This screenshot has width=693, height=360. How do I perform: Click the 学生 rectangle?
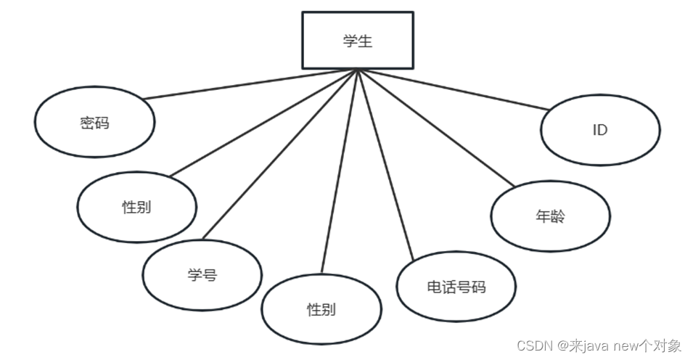(x=358, y=41)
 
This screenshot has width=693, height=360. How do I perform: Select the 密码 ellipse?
(x=94, y=123)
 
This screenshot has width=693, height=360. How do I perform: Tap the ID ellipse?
(x=600, y=131)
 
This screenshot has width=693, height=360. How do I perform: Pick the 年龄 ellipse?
(x=550, y=216)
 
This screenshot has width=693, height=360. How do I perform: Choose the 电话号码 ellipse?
(x=456, y=287)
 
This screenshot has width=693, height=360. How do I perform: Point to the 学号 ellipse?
(x=202, y=275)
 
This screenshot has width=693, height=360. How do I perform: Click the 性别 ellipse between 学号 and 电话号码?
(x=321, y=310)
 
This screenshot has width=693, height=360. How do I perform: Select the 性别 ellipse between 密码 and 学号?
(x=136, y=206)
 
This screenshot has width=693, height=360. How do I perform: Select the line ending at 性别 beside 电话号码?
(x=340, y=171)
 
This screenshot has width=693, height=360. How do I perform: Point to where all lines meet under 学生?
(x=358, y=70)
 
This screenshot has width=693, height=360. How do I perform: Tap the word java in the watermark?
(x=595, y=345)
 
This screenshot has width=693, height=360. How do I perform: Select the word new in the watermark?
(x=628, y=345)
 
